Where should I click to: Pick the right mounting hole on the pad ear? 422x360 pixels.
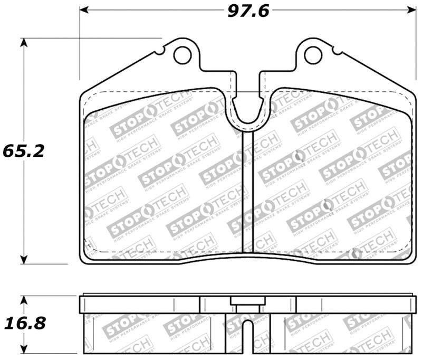pyautogui.click(x=313, y=53)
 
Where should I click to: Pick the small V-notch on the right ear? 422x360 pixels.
pyautogui.click(x=335, y=52)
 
